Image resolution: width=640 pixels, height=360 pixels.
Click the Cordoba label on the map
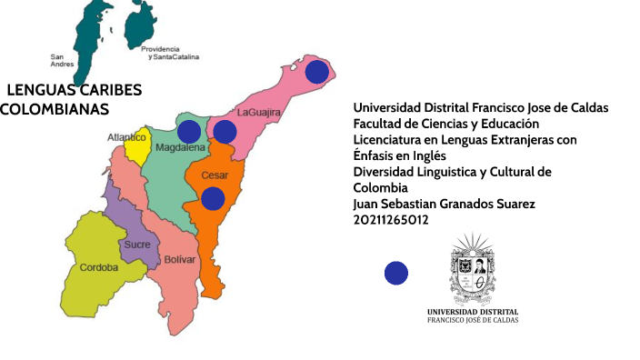pyautogui.click(x=97, y=267)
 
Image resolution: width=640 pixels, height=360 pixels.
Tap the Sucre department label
pyautogui.click(x=136, y=245)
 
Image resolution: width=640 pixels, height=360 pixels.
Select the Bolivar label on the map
pyautogui.click(x=179, y=260)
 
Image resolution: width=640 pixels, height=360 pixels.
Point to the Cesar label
pyautogui.click(x=215, y=175)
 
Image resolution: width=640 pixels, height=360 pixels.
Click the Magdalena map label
pyautogui.click(x=180, y=147)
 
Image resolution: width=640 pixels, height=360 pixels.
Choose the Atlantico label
pyautogui.click(x=127, y=136)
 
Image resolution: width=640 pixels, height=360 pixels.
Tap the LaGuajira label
pyautogui.click(x=258, y=113)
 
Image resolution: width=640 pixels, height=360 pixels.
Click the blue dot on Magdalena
pyautogui.click(x=189, y=132)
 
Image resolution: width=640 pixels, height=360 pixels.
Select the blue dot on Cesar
pyautogui.click(x=213, y=198)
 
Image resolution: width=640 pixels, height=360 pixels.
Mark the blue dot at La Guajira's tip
pyautogui.click(x=316, y=72)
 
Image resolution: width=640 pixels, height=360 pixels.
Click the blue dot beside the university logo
pyautogui.click(x=396, y=272)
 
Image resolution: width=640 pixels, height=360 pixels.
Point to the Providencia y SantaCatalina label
pyautogui.click(x=173, y=52)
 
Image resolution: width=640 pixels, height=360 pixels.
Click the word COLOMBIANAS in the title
pyautogui.click(x=55, y=110)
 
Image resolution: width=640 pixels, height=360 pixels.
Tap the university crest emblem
pyautogui.click(x=473, y=272)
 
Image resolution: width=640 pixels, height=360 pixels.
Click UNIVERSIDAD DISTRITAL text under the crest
pyautogui.click(x=473, y=312)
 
